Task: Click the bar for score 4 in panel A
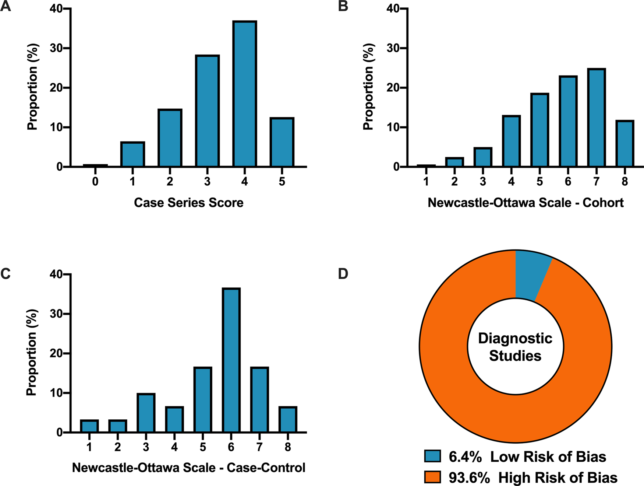[245, 94]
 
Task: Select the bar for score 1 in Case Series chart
[132, 154]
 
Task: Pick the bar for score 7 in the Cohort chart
[597, 118]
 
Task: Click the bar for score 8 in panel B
[625, 144]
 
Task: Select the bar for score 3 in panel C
[146, 413]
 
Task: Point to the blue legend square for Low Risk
[432, 456]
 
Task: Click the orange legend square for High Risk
[432, 477]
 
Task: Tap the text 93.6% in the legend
[469, 478]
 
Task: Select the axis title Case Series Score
[188, 203]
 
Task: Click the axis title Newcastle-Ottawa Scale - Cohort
[526, 203]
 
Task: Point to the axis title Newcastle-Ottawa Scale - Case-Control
[188, 468]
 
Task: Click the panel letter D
[343, 274]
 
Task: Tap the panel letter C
[6, 274]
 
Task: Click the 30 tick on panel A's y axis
[56, 48]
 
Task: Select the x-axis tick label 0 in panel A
[95, 181]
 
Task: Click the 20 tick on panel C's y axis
[56, 354]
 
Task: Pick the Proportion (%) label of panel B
[368, 87]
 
